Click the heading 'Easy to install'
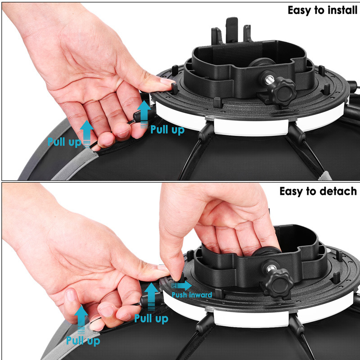point(322,10)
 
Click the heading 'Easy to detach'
point(318,191)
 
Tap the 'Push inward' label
point(192,295)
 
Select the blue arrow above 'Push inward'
point(181,285)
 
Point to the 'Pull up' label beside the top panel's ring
point(167,130)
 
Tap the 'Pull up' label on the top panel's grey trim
point(64,142)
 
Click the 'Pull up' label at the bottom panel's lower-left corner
point(83,341)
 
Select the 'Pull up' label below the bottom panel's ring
point(151,319)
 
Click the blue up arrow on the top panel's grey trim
point(86,134)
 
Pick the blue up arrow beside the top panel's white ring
point(144,114)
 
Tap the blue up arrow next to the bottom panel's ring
point(151,297)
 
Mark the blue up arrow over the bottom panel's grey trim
point(81,319)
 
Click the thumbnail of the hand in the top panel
point(166,81)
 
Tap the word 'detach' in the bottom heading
point(338,191)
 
